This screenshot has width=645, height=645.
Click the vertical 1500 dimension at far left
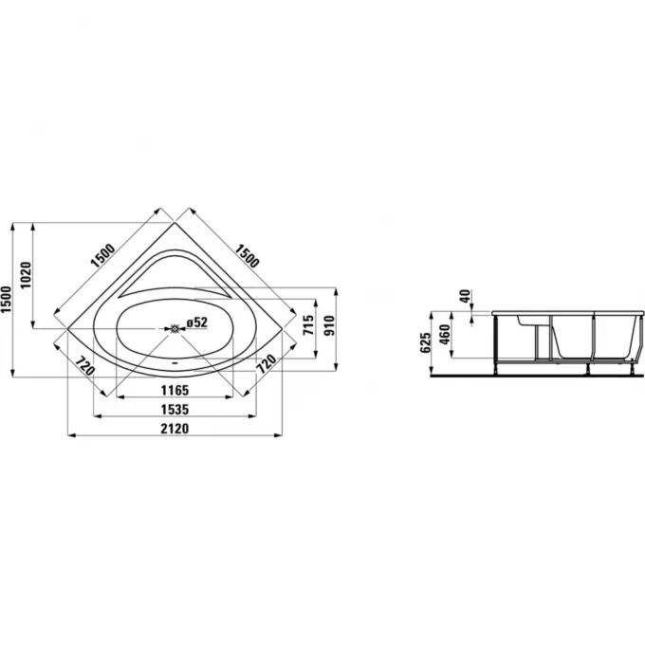point(7,299)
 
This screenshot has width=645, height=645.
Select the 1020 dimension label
point(26,275)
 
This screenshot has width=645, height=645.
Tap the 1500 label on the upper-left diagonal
point(102,255)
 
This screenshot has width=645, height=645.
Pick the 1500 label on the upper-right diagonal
point(247,255)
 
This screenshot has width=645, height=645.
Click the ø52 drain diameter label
point(196,322)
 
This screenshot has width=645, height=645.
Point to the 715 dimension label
point(308,324)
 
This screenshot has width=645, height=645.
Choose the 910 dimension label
point(330,325)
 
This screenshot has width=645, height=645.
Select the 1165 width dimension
point(175,390)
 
